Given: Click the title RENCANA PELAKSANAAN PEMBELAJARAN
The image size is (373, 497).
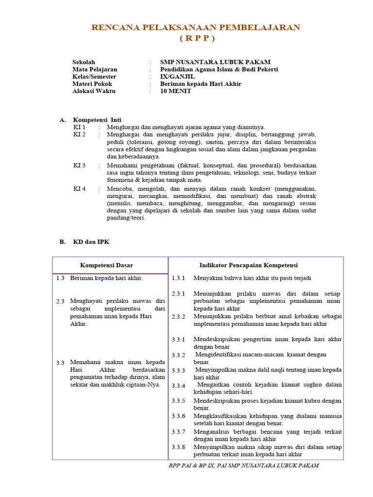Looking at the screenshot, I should click(x=196, y=27).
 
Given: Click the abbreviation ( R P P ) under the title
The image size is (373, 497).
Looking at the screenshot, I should click(x=196, y=38).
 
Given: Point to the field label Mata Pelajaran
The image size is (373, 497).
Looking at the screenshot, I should click(x=95, y=69).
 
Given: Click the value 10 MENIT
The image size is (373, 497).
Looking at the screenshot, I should click(x=176, y=91).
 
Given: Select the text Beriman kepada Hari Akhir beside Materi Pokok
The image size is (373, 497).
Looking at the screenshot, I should click(x=201, y=83).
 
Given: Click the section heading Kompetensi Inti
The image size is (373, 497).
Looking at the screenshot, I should click(x=97, y=119).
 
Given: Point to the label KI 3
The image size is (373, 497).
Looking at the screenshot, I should click(x=79, y=166).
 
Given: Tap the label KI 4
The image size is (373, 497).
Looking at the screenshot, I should click(x=79, y=189).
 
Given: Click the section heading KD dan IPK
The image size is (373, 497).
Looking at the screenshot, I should click(x=91, y=242).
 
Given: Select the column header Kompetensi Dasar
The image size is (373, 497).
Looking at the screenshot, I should click(x=106, y=265).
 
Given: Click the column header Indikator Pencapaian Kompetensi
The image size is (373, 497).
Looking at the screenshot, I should click(x=248, y=265).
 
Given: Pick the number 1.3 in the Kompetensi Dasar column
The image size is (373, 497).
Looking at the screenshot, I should click(x=60, y=278).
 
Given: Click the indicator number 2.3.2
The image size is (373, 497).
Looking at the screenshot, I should click(x=178, y=316).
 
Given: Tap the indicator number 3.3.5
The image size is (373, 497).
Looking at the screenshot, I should click(x=178, y=401).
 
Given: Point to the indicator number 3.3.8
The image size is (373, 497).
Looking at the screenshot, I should click(x=178, y=447).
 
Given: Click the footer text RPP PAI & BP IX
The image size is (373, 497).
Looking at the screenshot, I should click(x=191, y=465).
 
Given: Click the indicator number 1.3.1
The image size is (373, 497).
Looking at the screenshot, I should click(x=178, y=278).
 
